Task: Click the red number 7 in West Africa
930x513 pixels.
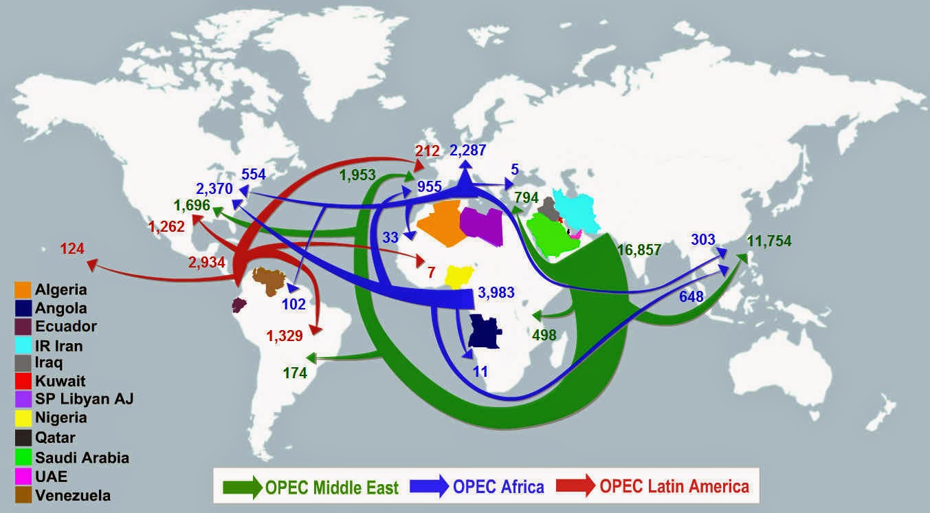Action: click(x=431, y=273)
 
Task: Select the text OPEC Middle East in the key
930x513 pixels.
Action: click(x=332, y=488)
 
